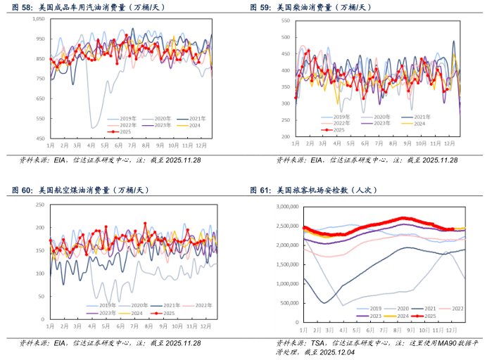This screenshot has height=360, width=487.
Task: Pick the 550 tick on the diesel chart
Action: pos(286,19)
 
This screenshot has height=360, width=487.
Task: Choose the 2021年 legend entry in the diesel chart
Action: pos(422,116)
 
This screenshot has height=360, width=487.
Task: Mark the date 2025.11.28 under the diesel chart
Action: pos(431,160)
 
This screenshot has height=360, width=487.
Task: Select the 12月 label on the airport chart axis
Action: pos(448,329)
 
